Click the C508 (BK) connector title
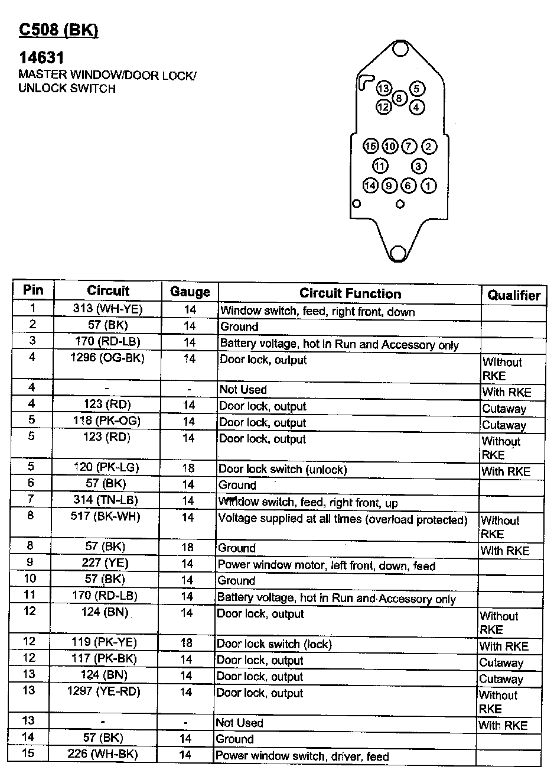pos(58,30)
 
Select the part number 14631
pos(41,58)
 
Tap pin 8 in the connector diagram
pos(400,98)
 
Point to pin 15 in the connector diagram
pos(371,147)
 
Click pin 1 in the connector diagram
pos(428,186)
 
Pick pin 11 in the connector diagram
pos(380,166)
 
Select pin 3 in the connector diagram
pos(419,166)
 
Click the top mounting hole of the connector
pos(400,48)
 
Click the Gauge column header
pos(190,292)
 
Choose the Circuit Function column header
pos(350,293)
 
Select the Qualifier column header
pos(514,295)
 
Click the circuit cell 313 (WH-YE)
pos(109,309)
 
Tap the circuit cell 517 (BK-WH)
pos(106,516)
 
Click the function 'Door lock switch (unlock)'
pos(282,470)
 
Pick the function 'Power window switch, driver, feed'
pos(302,756)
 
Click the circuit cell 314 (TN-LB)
pos(107,500)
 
